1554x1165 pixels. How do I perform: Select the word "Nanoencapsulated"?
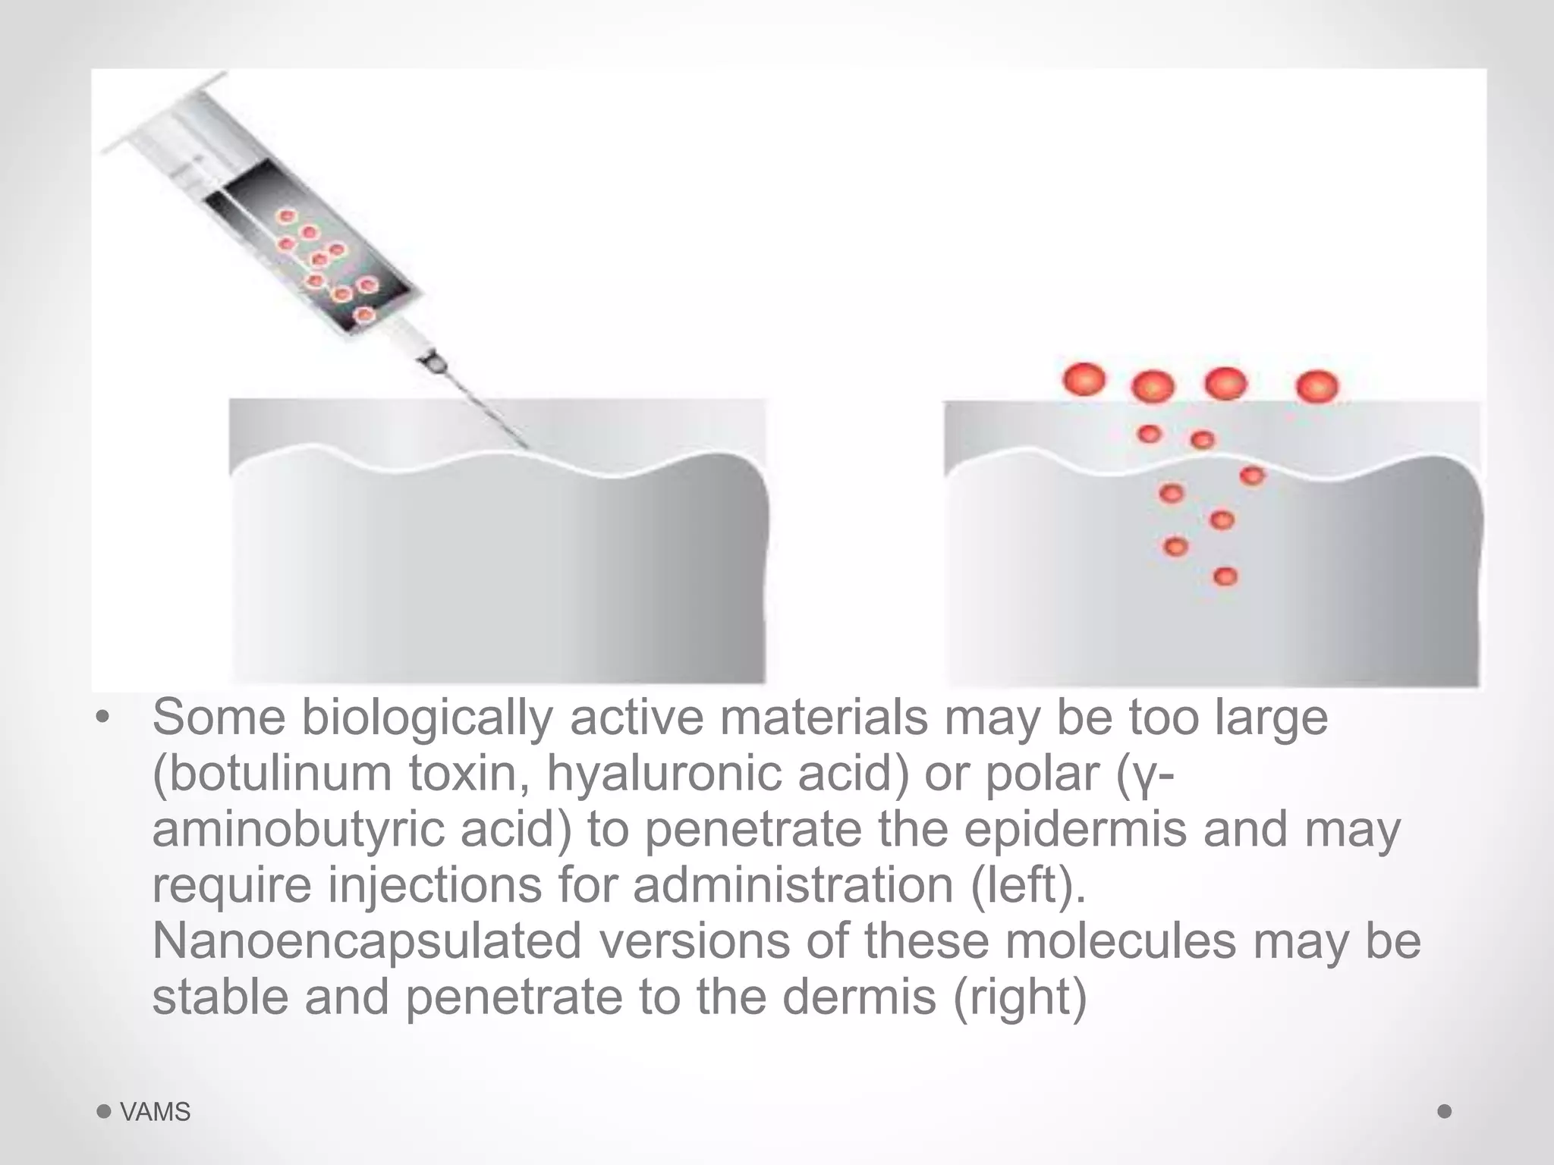366,940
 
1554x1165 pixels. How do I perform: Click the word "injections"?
435,884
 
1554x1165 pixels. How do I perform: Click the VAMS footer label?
155,1112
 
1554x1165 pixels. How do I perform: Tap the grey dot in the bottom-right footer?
1445,1111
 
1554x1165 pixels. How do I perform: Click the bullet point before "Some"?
103,718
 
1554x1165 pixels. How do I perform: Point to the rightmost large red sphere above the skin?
1317,386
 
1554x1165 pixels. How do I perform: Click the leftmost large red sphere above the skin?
1084,379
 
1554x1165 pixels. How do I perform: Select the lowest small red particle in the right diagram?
1225,576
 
